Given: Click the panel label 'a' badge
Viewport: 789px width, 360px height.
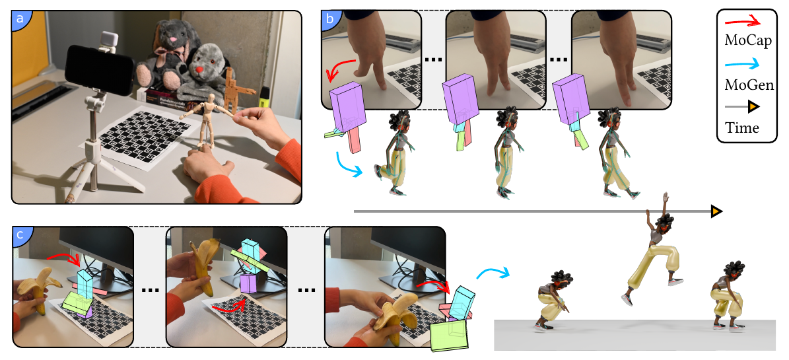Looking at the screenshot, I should (x=20, y=18).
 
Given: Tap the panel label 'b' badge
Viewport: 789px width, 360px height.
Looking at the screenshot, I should (x=329, y=18).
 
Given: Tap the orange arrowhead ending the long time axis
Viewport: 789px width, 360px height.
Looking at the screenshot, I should (x=716, y=212).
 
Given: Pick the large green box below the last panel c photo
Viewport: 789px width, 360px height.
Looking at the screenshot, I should (x=449, y=336).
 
